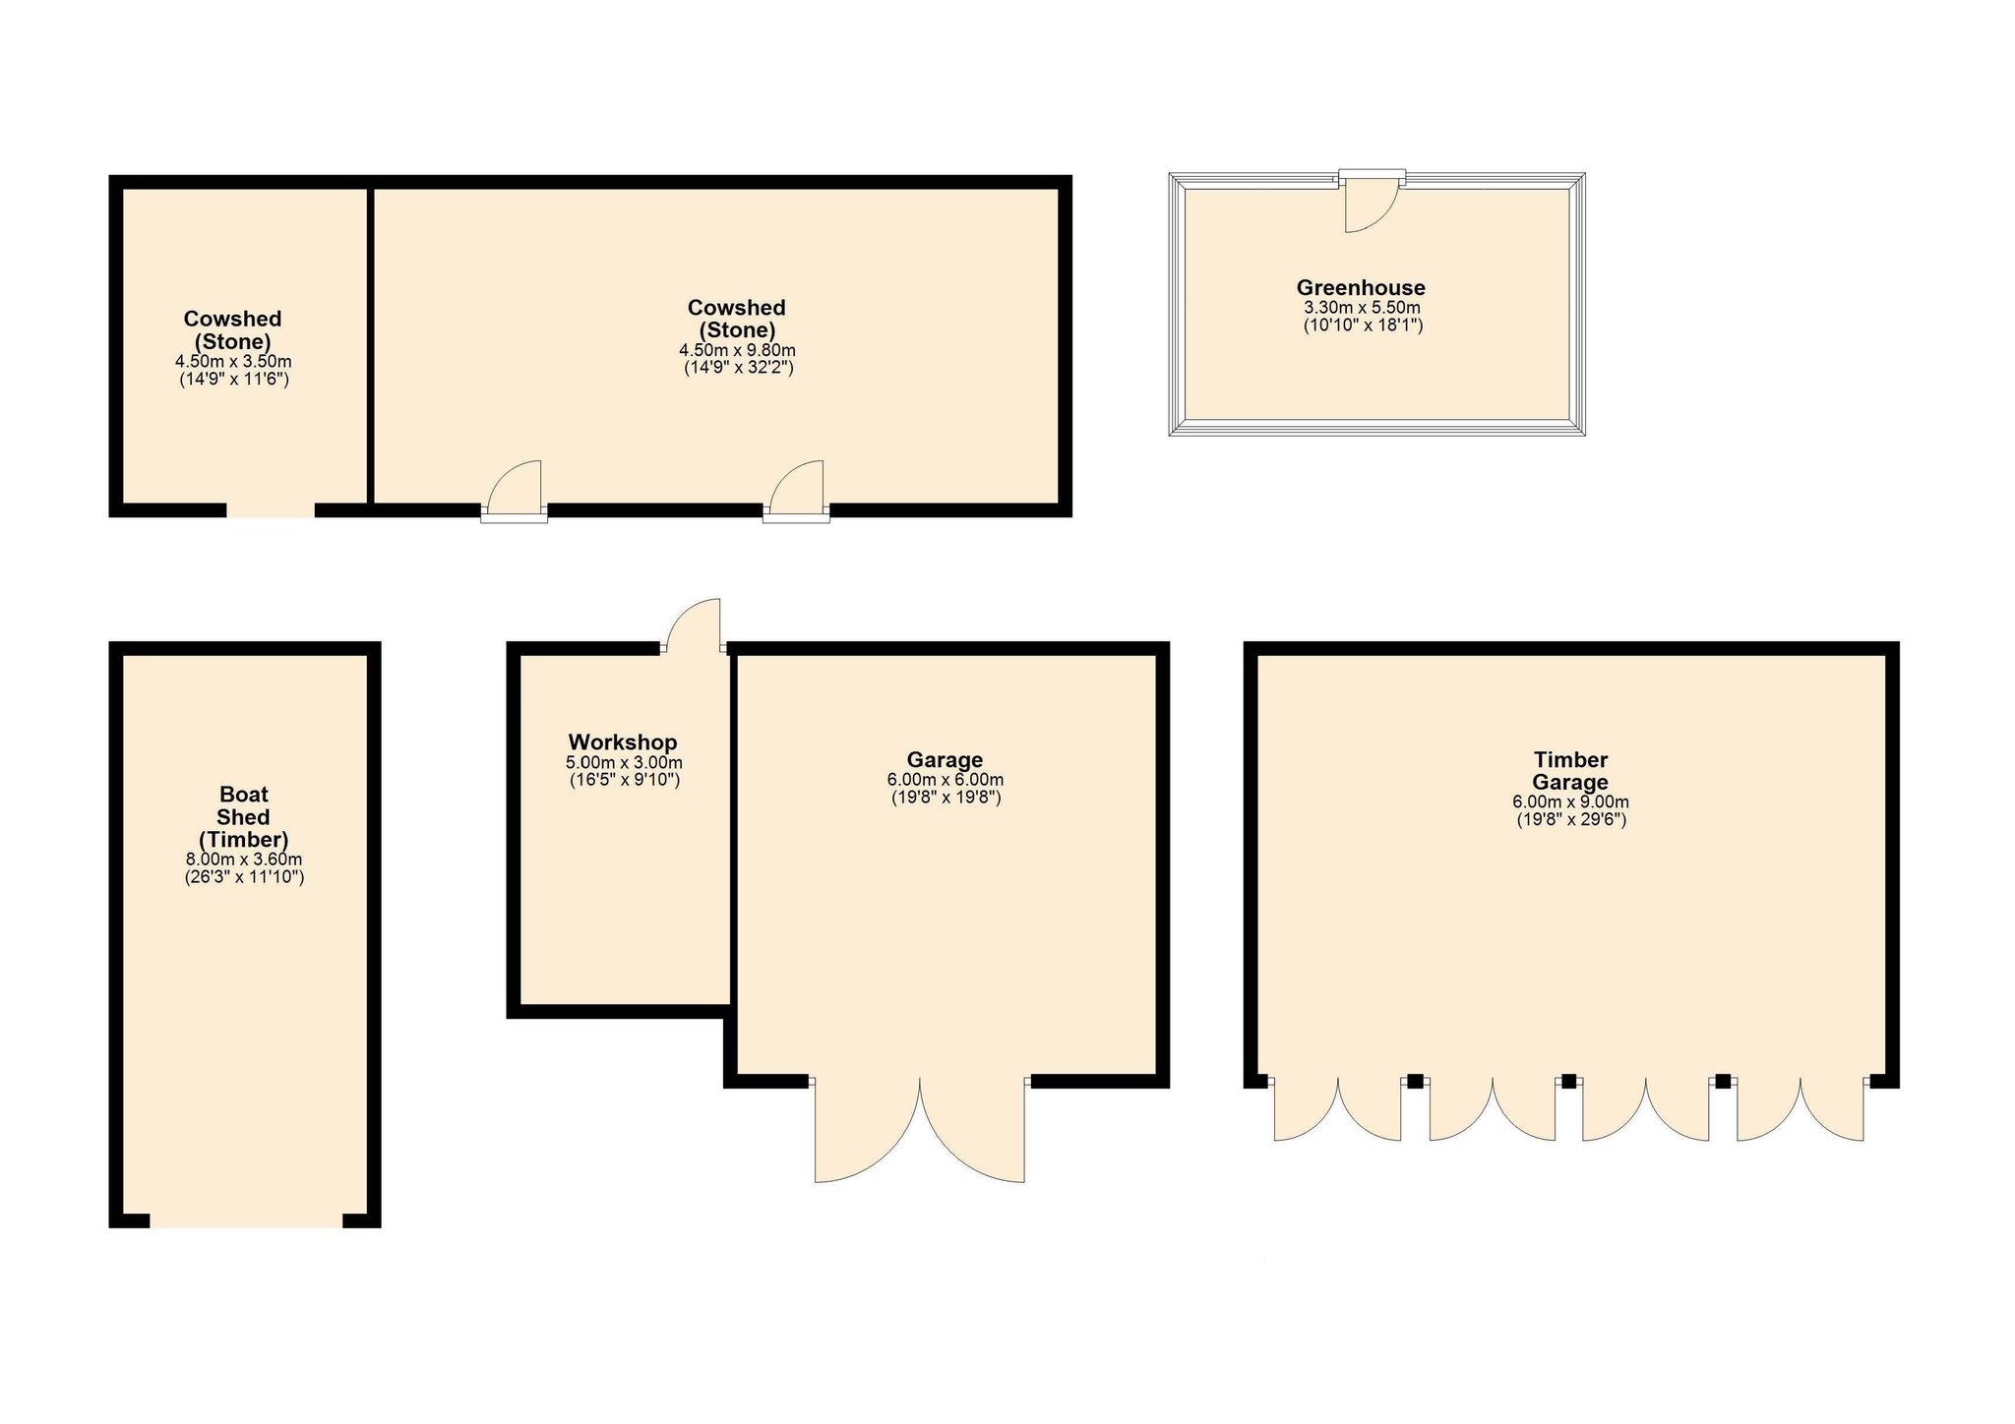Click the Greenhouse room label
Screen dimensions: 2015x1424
(1361, 288)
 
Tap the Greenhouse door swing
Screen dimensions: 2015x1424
(1370, 207)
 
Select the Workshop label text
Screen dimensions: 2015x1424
(623, 742)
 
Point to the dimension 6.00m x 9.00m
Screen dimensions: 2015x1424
(1570, 801)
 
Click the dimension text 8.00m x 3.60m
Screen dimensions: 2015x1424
(244, 860)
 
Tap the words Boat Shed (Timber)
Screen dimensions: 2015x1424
(244, 816)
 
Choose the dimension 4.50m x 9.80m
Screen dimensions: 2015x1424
(738, 350)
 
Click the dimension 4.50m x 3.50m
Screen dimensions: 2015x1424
(233, 362)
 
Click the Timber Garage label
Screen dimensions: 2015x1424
(1570, 771)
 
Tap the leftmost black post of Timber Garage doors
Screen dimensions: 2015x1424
(1415, 1081)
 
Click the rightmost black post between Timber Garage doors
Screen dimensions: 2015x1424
(1723, 1081)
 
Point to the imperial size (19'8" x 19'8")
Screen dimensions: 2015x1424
(946, 798)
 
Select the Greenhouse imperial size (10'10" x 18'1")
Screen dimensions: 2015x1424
(1363, 325)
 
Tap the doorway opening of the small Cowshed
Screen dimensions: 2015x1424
(271, 510)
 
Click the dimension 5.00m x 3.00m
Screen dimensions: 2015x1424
(624, 762)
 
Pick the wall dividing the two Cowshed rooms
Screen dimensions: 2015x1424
(371, 346)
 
